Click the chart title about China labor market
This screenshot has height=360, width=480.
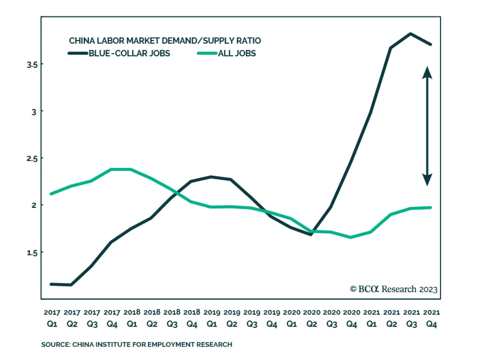point(165,40)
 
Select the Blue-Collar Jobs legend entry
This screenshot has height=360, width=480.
point(129,53)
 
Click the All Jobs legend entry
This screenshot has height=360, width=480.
point(237,53)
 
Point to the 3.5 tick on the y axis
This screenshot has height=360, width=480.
point(32,64)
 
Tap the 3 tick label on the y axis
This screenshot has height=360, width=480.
point(34,112)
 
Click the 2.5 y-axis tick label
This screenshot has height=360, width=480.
point(32,159)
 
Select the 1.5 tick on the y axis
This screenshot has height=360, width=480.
point(32,253)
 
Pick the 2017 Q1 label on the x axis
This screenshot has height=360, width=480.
point(52,318)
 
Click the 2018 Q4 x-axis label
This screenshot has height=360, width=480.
point(192,318)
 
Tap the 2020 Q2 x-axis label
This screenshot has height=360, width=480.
point(312,318)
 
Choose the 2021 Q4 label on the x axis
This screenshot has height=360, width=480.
point(431,318)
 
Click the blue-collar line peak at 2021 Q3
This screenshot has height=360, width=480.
point(411,34)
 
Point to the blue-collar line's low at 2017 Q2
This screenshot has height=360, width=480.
point(71,285)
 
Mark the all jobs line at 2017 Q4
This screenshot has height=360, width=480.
point(112,169)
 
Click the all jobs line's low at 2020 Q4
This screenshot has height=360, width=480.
point(351,237)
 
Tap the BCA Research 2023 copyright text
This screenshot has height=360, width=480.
point(394,289)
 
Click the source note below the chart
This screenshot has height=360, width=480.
point(136,344)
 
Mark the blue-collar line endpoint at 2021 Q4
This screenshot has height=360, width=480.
point(431,44)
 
